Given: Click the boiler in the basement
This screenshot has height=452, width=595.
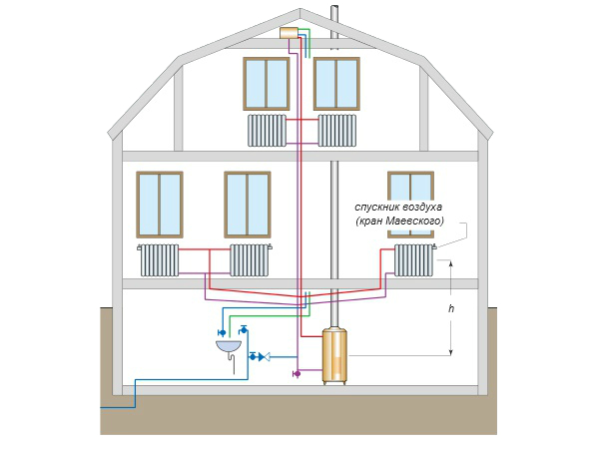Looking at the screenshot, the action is [x=333, y=356].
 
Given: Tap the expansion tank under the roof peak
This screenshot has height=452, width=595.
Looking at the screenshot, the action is [x=290, y=33].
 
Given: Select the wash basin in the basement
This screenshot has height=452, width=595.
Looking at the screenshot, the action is [x=229, y=346].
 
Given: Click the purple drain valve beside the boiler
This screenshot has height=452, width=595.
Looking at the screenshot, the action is [x=297, y=374].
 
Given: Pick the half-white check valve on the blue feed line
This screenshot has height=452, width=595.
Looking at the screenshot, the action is [x=265, y=357].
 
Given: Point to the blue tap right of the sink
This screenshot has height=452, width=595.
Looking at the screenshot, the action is [x=244, y=329].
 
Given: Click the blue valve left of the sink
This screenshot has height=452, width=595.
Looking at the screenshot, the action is [x=222, y=333].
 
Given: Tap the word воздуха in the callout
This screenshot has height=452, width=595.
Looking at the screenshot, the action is [x=422, y=208].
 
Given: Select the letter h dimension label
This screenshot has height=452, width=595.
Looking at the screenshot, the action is [x=451, y=308].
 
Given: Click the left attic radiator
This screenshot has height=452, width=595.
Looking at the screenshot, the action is [x=268, y=131].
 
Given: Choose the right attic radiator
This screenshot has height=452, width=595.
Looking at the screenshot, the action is [x=337, y=131].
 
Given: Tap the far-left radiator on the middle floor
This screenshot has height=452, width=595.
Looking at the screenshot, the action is [x=160, y=260].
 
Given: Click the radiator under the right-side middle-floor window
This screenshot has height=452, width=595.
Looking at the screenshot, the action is [x=413, y=260].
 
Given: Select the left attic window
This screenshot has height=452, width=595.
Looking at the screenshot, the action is [x=267, y=84].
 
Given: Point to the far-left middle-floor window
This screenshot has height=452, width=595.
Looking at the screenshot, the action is [x=160, y=205].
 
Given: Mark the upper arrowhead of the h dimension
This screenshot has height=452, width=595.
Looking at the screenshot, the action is [x=451, y=263].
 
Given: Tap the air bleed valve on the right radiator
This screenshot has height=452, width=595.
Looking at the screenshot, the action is [x=435, y=246].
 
